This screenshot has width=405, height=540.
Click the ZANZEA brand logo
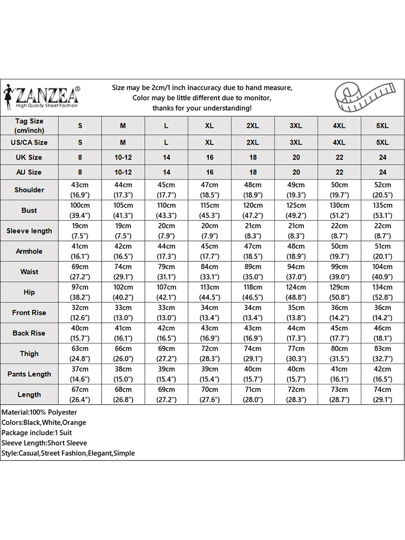42,97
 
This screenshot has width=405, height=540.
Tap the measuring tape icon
369,97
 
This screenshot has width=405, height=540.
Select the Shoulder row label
29,190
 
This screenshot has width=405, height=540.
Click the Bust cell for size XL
210,210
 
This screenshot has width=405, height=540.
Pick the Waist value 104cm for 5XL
382,272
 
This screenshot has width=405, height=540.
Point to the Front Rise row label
29,313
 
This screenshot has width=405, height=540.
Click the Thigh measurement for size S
80,354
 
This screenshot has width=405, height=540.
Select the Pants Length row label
29,374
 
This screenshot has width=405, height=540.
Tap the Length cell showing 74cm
382,394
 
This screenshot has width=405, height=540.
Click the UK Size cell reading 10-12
123,158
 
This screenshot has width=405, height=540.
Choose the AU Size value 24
382,172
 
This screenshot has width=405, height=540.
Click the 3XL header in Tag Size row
296,126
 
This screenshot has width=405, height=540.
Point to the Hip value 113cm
210,292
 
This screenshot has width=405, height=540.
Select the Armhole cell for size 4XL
339,251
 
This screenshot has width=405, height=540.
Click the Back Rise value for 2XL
253,333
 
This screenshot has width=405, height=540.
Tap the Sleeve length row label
29,231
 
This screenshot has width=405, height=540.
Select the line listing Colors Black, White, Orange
44,423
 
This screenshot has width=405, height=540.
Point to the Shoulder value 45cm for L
166,190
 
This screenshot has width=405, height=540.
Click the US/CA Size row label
29,143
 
